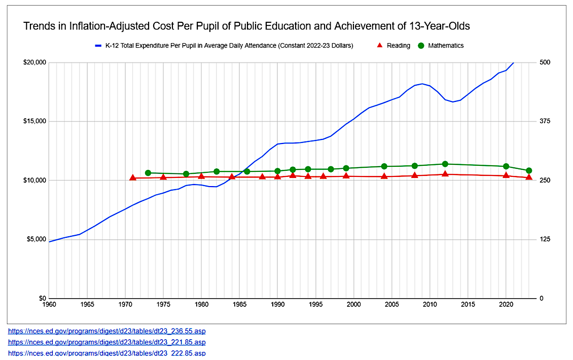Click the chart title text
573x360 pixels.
tap(246, 25)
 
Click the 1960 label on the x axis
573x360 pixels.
tap(49, 304)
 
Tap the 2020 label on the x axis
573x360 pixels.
tap(506, 304)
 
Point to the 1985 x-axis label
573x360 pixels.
tap(239, 304)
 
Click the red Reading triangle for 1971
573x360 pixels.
tap(133, 177)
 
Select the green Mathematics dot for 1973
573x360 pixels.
tap(148, 173)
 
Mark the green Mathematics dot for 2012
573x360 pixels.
tap(445, 164)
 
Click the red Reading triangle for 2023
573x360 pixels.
tap(529, 177)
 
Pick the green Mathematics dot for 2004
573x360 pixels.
tap(384, 166)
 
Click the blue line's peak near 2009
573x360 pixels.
tap(422, 84)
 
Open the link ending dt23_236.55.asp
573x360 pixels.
tap(107, 331)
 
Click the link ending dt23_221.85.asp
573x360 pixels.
tap(107, 342)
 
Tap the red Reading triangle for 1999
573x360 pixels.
tap(346, 175)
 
